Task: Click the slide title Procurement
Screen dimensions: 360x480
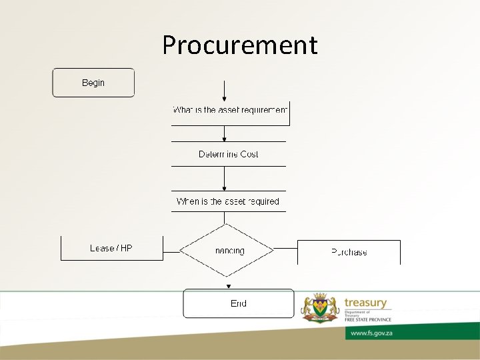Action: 240,45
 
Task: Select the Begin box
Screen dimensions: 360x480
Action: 93,83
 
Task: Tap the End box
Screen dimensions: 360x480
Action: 238,303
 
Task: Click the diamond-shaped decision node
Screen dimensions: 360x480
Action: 227,251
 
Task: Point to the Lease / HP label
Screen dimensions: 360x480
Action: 111,248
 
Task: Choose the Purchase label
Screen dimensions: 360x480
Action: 349,252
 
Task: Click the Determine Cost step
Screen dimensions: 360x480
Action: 228,154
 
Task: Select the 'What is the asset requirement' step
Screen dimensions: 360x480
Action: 230,110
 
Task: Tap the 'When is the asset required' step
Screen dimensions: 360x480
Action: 228,201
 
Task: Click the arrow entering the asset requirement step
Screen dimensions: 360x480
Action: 225,91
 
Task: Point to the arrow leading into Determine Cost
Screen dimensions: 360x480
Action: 225,133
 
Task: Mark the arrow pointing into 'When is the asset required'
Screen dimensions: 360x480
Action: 225,179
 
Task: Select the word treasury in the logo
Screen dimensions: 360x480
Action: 365,303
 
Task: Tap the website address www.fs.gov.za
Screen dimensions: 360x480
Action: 371,333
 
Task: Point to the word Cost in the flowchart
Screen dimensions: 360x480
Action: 249,154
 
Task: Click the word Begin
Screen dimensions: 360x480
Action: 93,83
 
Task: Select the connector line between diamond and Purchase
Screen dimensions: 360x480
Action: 285,250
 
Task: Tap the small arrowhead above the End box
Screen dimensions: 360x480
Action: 229,286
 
